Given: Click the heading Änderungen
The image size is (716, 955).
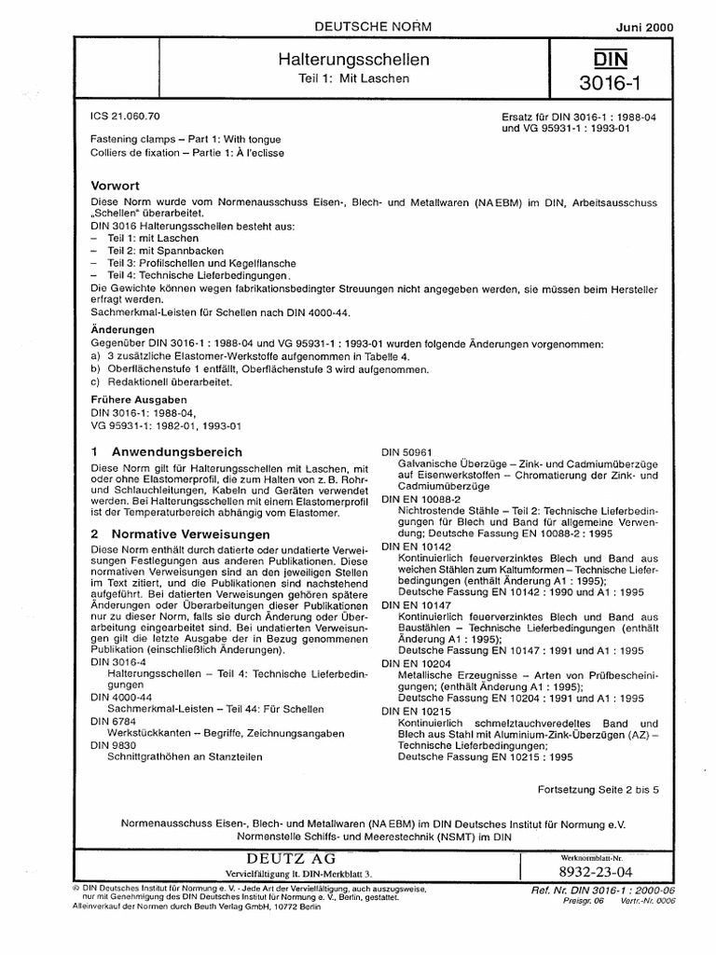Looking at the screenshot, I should pyautogui.click(x=122, y=330).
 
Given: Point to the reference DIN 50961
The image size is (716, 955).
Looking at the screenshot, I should pyautogui.click(x=403, y=451).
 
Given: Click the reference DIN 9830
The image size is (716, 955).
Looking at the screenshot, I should pyautogui.click(x=114, y=746).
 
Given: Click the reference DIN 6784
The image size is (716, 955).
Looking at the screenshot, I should pyautogui.click(x=114, y=721).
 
